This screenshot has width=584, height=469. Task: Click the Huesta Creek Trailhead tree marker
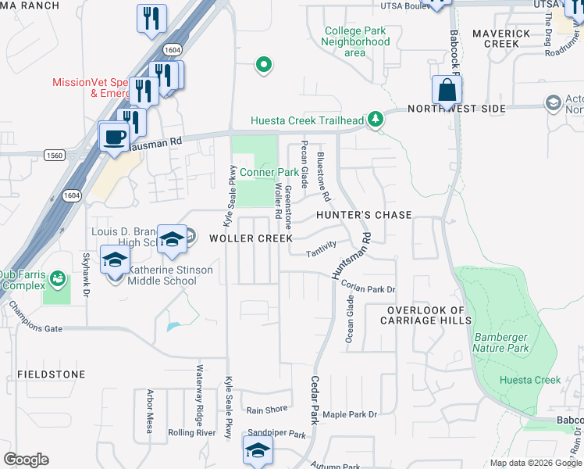point(377,120)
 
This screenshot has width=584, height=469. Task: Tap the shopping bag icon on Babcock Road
point(447,91)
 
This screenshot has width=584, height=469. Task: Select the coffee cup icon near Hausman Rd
point(114,138)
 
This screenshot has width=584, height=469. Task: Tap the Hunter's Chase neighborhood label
point(364,214)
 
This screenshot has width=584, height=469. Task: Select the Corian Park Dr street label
point(369,288)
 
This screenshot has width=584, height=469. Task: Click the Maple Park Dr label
point(350,414)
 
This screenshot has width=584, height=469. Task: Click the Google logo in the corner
point(26,460)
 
